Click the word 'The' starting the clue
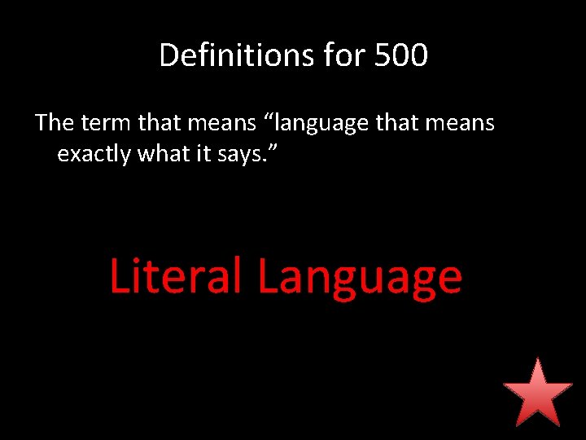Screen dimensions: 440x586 tap(55, 123)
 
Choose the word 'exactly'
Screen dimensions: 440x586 tap(94, 154)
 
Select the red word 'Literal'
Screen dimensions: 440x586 tap(175, 275)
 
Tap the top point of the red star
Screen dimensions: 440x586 tap(537, 359)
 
